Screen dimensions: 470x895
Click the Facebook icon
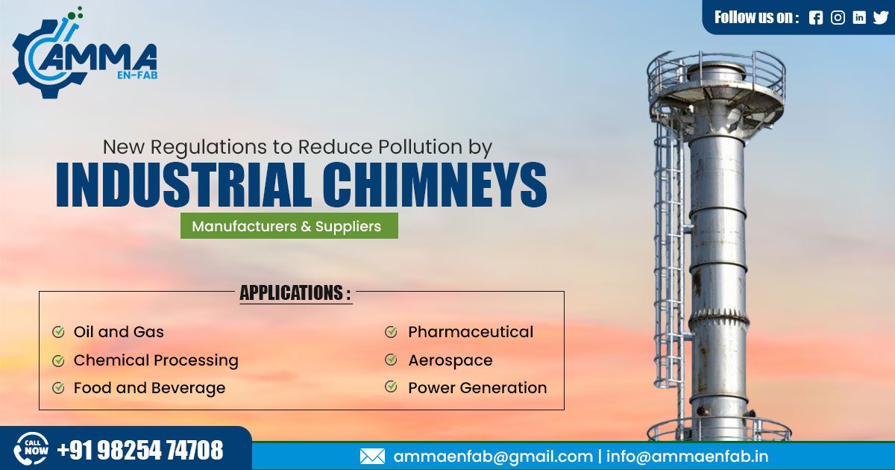(x=816, y=18)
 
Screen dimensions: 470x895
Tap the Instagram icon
(x=838, y=18)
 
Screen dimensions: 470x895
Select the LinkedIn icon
(x=859, y=18)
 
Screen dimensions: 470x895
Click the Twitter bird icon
(x=881, y=18)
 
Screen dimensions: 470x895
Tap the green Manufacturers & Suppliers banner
(x=289, y=226)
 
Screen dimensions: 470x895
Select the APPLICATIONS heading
(x=295, y=293)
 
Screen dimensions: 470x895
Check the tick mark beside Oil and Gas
(x=58, y=332)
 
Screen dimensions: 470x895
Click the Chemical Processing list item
(x=156, y=360)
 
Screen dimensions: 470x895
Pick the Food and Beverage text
(x=149, y=388)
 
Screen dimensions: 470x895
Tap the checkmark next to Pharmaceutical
(x=391, y=332)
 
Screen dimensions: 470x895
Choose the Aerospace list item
(x=450, y=360)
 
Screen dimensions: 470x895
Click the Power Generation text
(x=477, y=388)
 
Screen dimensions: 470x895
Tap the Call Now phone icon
(x=31, y=450)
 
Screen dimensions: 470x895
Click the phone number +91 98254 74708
(x=140, y=451)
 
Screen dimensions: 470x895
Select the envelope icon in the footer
(x=372, y=457)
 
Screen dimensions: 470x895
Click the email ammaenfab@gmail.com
(x=493, y=457)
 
